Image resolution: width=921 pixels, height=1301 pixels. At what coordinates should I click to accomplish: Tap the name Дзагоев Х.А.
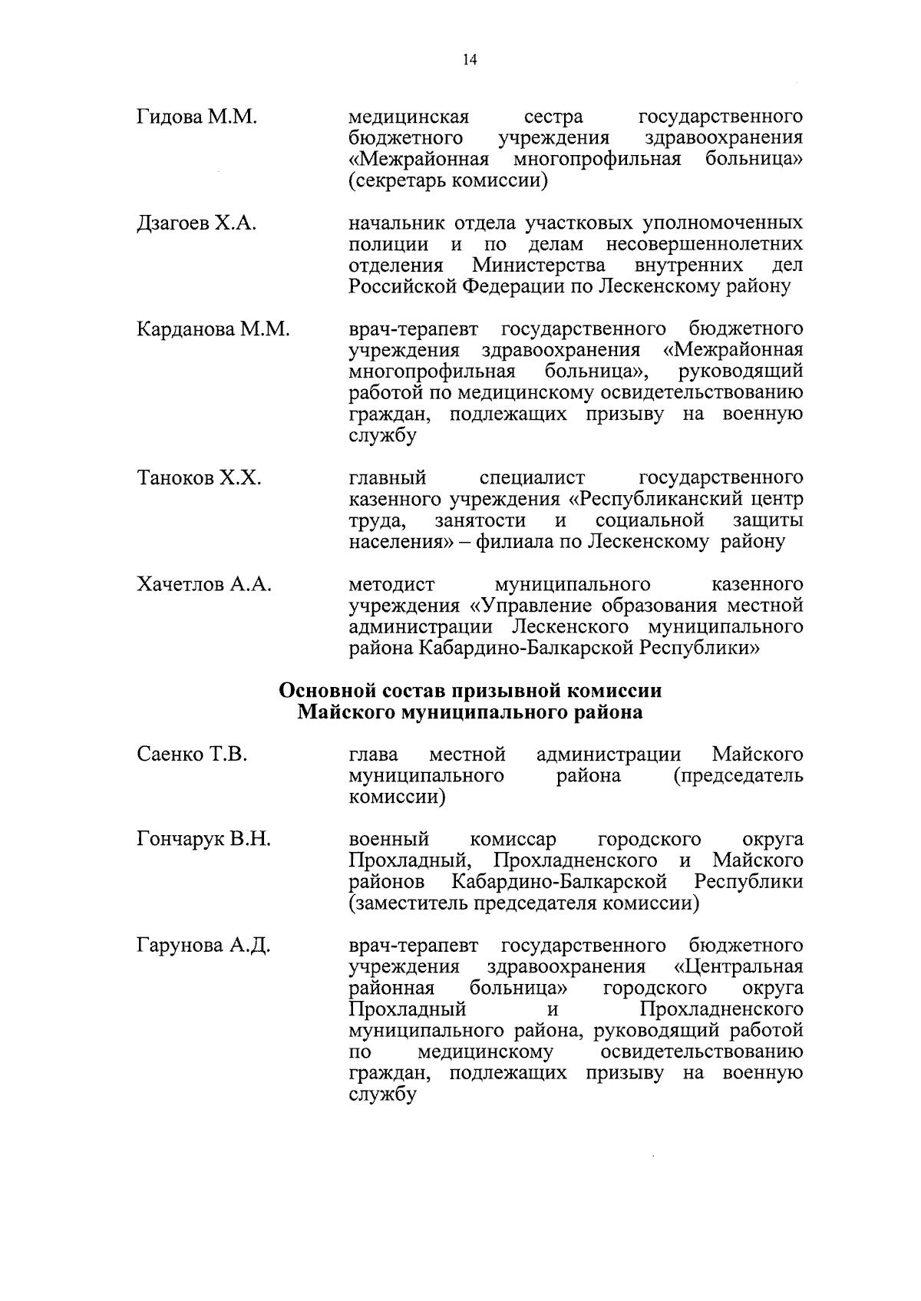pyautogui.click(x=196, y=223)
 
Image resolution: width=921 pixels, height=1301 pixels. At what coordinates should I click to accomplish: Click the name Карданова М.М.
pyautogui.click(x=213, y=329)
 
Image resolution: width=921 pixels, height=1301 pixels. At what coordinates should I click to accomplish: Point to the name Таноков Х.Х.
pyautogui.click(x=199, y=478)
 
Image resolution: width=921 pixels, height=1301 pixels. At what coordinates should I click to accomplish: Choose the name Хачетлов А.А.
pyautogui.click(x=204, y=584)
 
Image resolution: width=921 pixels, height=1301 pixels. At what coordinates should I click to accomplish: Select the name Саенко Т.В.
pyautogui.click(x=192, y=754)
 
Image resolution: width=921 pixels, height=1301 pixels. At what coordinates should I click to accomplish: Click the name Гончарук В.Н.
pyautogui.click(x=203, y=839)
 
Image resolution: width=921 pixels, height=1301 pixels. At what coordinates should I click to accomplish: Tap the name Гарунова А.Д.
pyautogui.click(x=203, y=945)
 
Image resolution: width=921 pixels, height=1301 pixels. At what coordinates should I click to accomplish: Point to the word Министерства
pyautogui.click(x=538, y=266)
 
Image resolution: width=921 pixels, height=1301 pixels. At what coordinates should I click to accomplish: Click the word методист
pyautogui.click(x=391, y=584)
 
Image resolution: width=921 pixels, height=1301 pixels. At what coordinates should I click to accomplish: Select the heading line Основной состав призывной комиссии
pyautogui.click(x=470, y=690)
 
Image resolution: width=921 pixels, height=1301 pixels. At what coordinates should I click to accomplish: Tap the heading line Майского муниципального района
pyautogui.click(x=470, y=712)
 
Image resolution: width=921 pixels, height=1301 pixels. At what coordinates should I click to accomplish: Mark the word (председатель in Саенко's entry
pyautogui.click(x=738, y=775)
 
